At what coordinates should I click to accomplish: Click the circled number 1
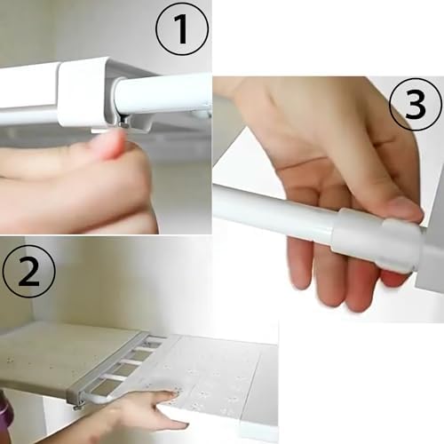click(182, 29)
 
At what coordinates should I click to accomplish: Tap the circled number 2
click(28, 271)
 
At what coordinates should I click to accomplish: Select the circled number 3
click(416, 104)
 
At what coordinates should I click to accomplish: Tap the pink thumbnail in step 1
click(112, 145)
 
